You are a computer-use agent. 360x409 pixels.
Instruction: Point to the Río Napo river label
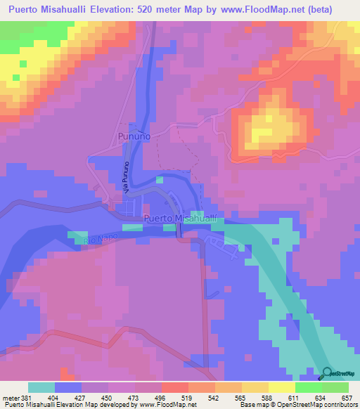tap(96, 240)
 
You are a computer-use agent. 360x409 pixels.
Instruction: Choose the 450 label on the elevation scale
tap(107, 398)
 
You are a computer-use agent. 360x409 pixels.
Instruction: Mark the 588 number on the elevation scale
tap(268, 398)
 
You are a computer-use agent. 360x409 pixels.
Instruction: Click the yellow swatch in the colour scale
tap(255, 388)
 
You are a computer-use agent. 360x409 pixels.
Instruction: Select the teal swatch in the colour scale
tap(41, 388)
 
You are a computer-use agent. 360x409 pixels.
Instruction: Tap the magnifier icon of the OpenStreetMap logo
tap(327, 373)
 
